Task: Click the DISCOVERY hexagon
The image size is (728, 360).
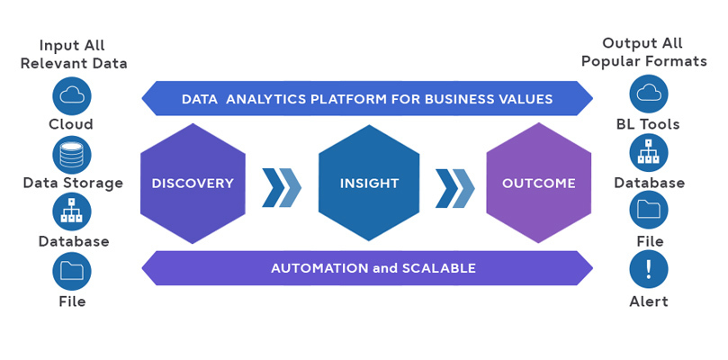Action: pos(193,184)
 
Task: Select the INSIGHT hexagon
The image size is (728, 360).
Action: pos(369,184)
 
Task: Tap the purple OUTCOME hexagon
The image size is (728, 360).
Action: pos(539,184)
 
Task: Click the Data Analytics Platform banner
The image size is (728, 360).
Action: pos(367,98)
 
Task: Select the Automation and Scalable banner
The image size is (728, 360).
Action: pos(367,268)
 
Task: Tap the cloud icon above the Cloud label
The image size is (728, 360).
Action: pos(71,94)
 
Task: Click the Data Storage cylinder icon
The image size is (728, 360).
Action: pos(71,153)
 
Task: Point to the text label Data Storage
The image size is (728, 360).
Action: pos(73,184)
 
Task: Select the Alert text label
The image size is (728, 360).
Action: pos(649,301)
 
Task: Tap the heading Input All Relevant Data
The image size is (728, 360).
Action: pos(72,54)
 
